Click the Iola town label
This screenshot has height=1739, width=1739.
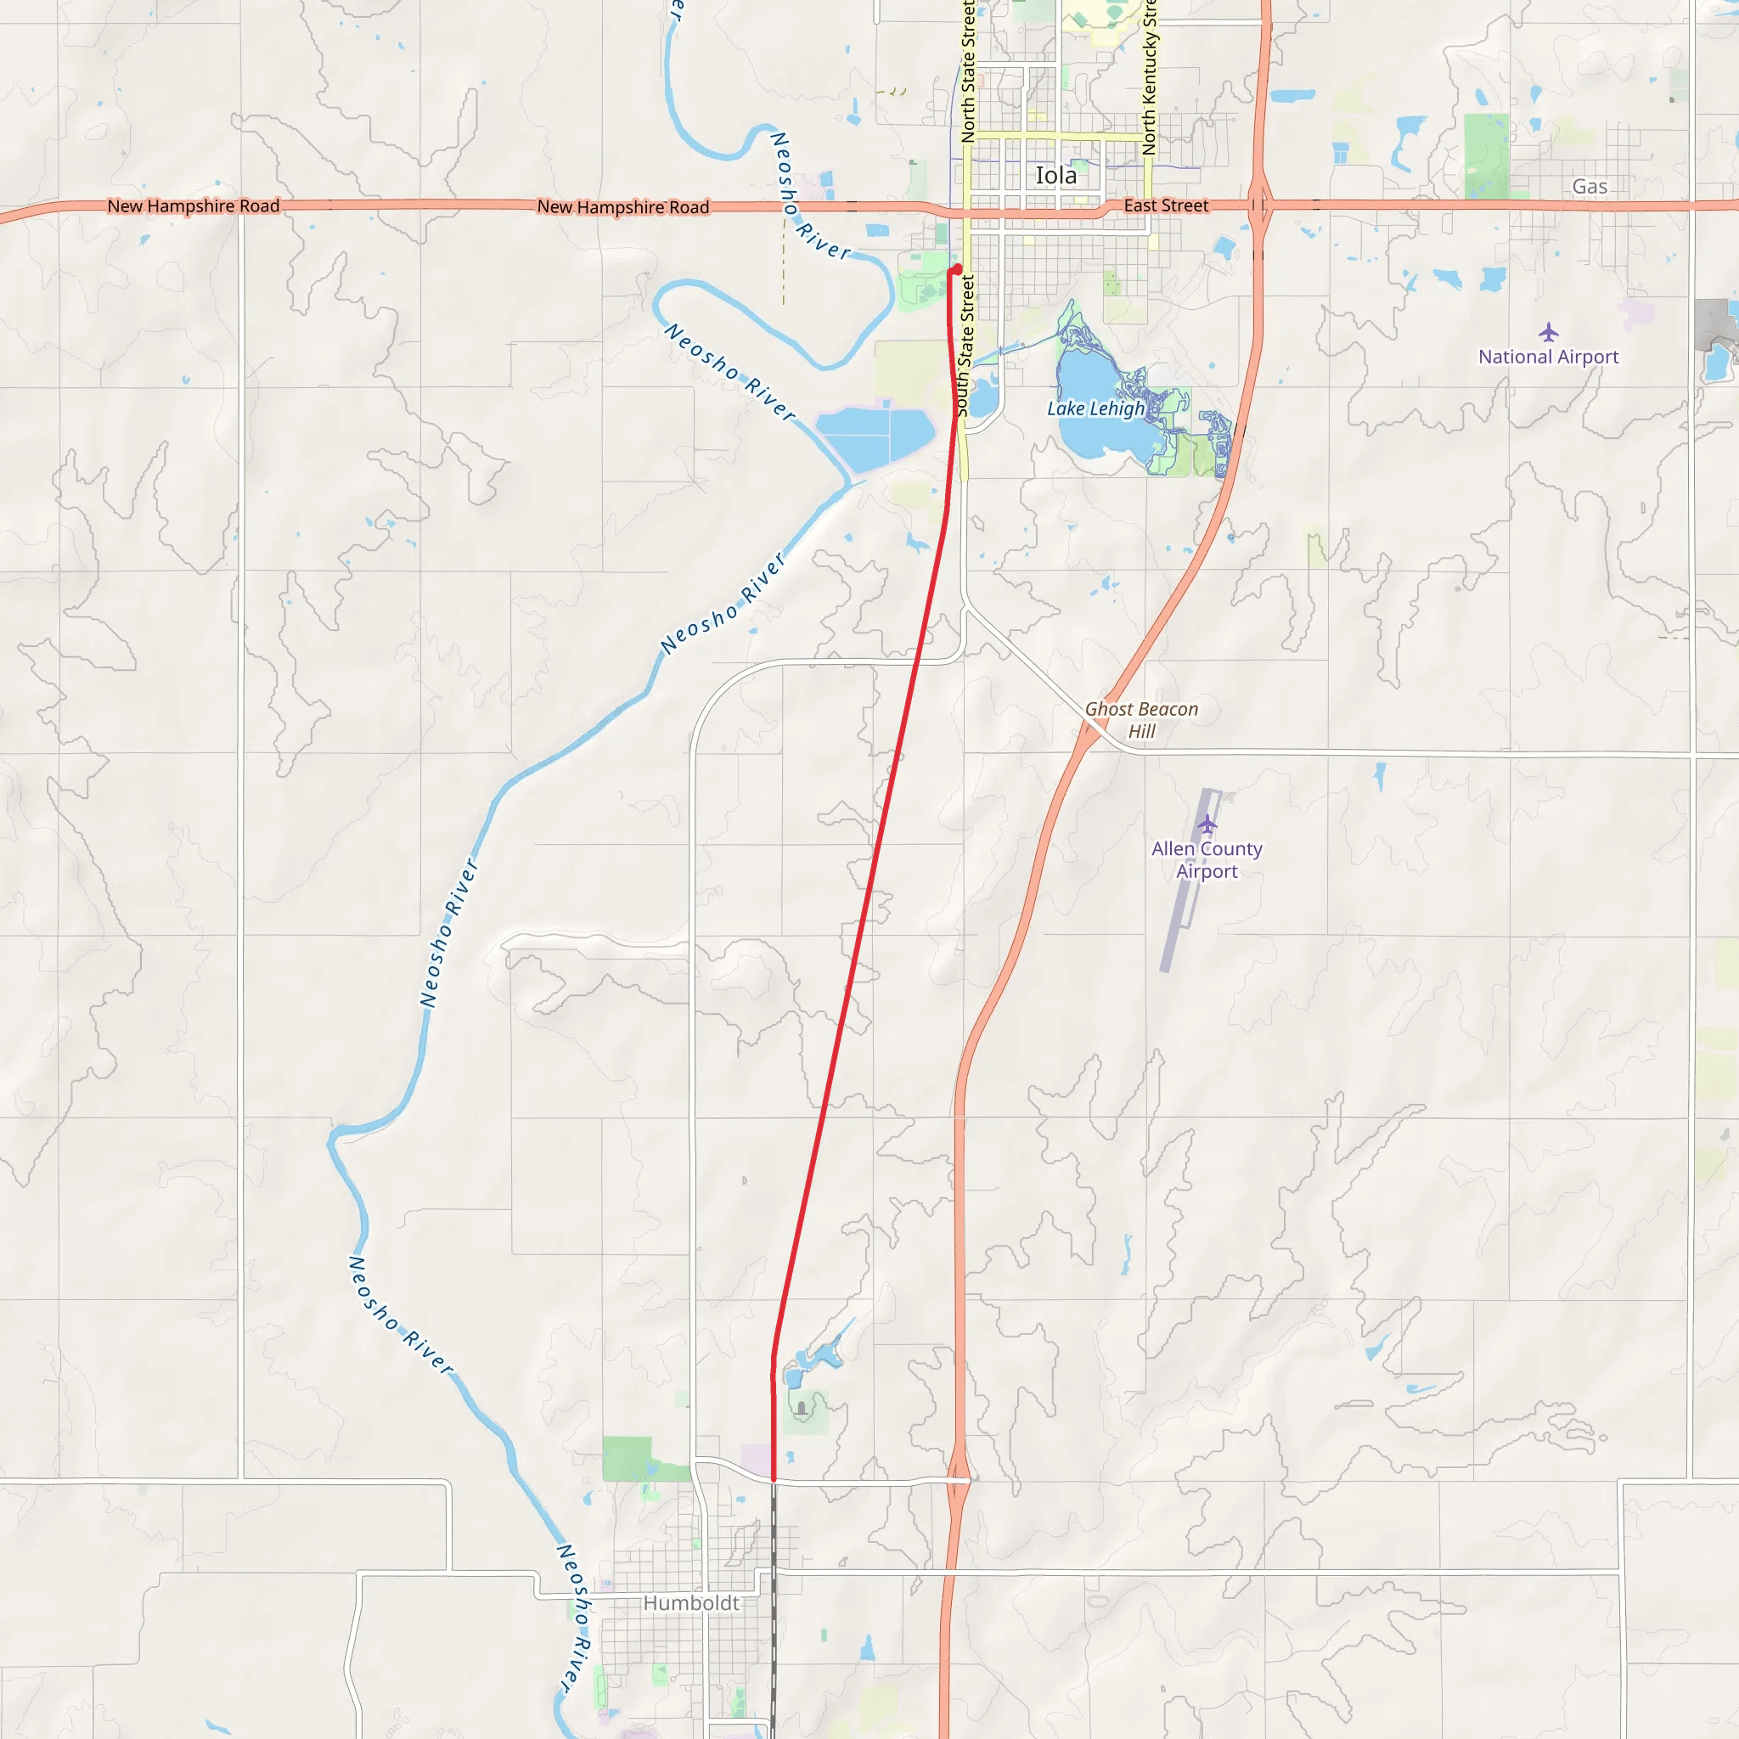click(1055, 176)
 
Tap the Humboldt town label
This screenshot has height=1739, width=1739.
click(690, 1603)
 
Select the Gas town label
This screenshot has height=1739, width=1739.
click(1590, 186)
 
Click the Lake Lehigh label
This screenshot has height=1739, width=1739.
click(1095, 408)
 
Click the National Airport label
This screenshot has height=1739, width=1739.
click(1547, 357)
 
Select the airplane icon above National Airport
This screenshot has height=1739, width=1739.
click(1547, 332)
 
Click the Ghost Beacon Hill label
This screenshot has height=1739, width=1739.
click(1140, 720)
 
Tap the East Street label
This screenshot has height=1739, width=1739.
click(1166, 205)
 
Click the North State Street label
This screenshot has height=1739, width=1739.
click(968, 72)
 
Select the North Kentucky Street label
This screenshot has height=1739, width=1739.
click(1149, 79)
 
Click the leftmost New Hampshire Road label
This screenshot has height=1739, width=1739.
click(194, 206)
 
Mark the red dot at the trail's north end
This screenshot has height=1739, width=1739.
click(957, 269)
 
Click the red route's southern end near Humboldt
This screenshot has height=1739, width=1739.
click(774, 1479)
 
